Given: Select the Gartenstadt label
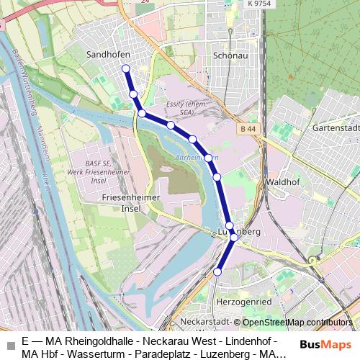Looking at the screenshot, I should point(336,127).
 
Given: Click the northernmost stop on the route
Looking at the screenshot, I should point(126,69).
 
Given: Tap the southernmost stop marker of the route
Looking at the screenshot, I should point(217,271).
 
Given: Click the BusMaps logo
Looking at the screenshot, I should point(325,344).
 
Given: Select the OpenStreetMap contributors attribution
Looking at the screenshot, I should point(297,323).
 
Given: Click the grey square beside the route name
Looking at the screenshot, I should point(11,347).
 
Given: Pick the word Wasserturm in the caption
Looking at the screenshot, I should point(107,354).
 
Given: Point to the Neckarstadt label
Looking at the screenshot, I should point(207,322).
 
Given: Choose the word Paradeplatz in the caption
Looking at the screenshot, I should point(174,354).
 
